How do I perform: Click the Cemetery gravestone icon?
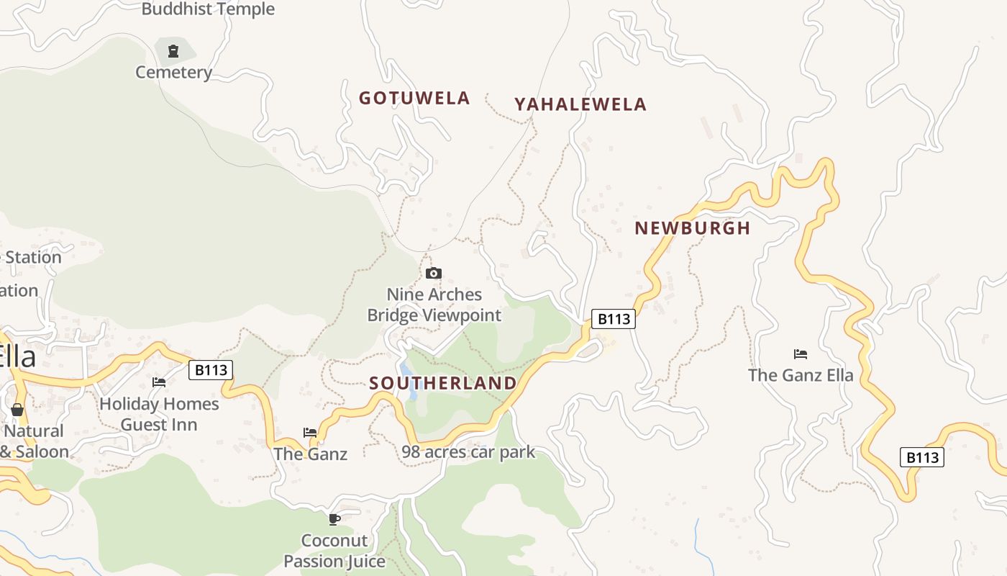(x=173, y=50)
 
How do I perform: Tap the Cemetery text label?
(x=174, y=72)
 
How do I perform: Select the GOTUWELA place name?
(x=414, y=98)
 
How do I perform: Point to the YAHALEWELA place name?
(x=580, y=104)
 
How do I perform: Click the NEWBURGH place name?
(x=692, y=228)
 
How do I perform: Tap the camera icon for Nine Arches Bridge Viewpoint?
(x=433, y=273)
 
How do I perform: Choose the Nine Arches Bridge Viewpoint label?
(x=434, y=305)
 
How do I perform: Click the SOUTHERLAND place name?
(x=443, y=383)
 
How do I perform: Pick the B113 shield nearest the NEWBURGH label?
(x=614, y=318)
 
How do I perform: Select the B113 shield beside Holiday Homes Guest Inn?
(x=211, y=370)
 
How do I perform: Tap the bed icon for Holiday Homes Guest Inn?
(x=159, y=382)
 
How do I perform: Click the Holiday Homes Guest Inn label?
(x=159, y=414)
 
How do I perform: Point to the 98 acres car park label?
(x=468, y=452)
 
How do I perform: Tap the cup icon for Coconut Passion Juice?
(x=334, y=518)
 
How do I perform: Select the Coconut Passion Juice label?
(x=334, y=551)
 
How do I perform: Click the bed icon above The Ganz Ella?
(x=801, y=354)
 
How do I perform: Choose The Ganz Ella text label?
(x=801, y=375)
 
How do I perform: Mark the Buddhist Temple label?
(x=208, y=9)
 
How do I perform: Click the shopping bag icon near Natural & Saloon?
(x=17, y=409)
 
